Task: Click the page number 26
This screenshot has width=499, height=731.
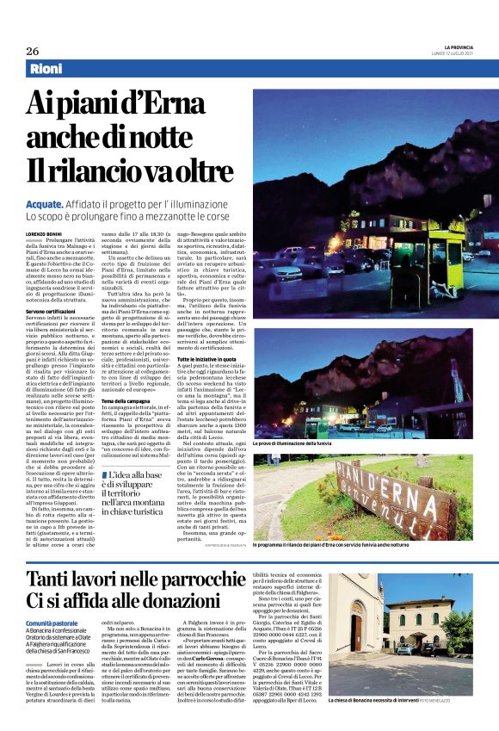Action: (x=32, y=51)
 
